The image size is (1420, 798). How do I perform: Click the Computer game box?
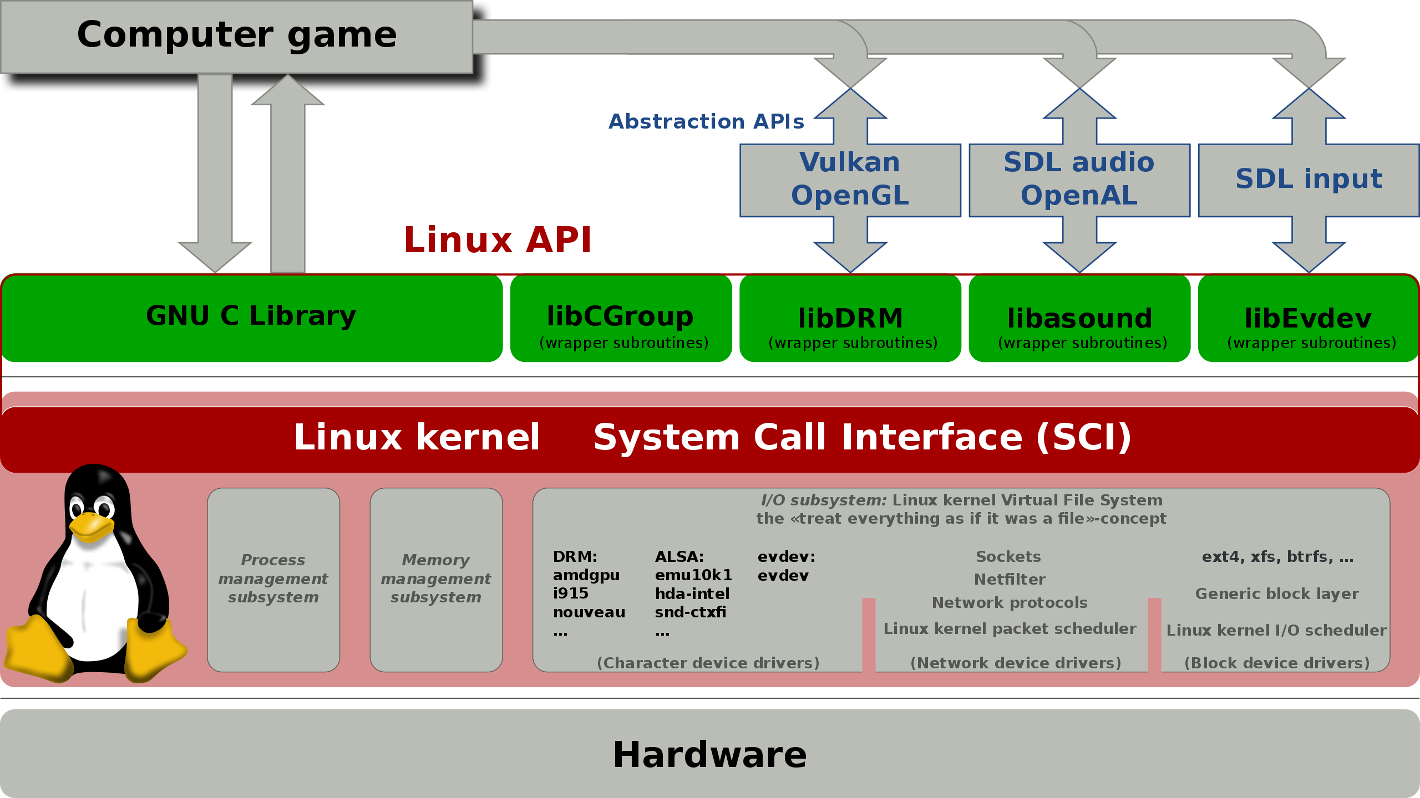tap(237, 37)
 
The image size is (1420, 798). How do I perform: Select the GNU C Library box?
tap(252, 318)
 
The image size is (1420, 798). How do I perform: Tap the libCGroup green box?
tap(621, 318)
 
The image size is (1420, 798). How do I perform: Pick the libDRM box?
tap(850, 318)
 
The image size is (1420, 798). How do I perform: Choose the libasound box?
tap(1079, 318)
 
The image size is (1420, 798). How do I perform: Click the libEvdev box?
tap(1309, 318)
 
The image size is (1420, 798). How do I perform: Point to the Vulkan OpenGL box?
tap(850, 180)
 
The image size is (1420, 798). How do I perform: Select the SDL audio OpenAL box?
tap(1079, 180)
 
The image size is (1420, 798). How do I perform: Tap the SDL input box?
tap(1309, 180)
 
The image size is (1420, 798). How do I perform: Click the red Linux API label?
tap(498, 240)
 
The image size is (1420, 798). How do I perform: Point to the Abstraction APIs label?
tap(706, 121)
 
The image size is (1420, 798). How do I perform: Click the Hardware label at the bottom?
tap(709, 754)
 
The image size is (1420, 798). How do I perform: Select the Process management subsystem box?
tap(273, 580)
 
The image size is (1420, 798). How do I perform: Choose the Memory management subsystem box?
tap(436, 580)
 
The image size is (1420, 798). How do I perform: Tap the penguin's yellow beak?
tap(92, 526)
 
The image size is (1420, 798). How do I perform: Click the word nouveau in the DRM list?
tap(589, 612)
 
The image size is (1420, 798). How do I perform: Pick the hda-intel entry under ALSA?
tap(692, 594)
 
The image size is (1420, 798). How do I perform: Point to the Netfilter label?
tap(1010, 580)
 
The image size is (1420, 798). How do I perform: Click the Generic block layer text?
tap(1277, 594)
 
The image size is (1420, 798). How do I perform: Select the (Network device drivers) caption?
tap(1016, 663)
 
